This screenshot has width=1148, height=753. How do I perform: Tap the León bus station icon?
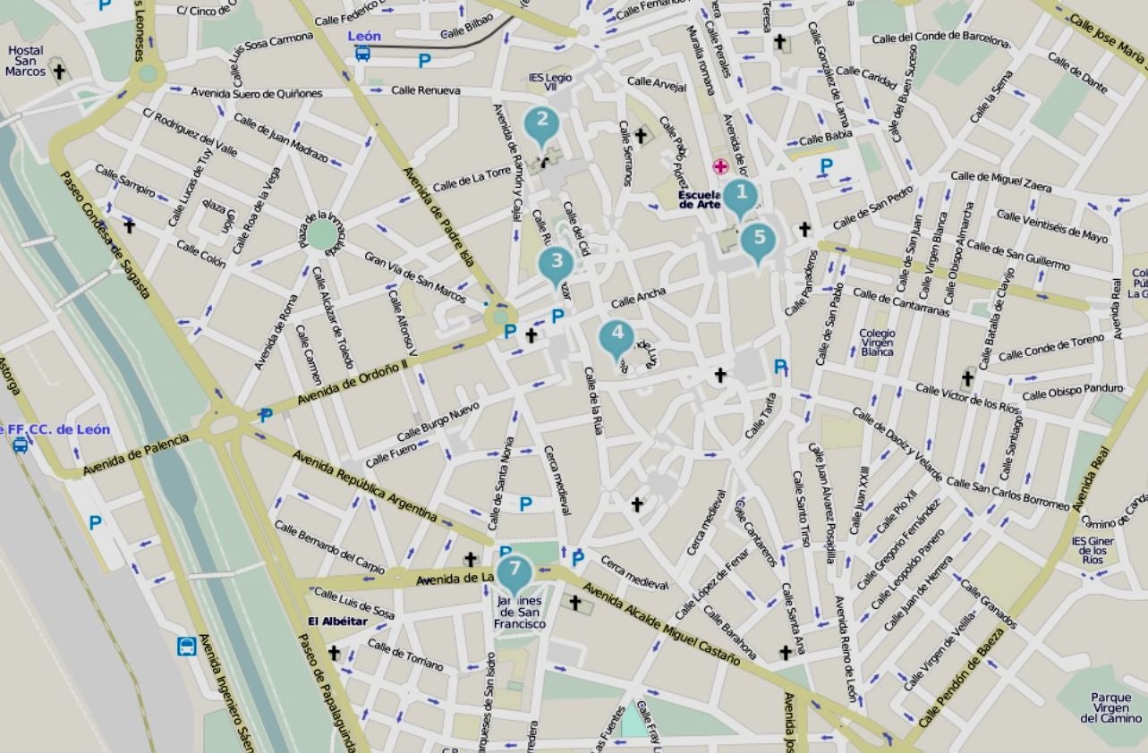362,53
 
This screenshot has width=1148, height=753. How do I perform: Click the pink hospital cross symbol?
719,165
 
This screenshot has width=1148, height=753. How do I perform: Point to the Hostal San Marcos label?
25,62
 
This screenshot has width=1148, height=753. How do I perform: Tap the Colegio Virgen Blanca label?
877,343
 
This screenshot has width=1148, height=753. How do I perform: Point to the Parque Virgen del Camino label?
1110,707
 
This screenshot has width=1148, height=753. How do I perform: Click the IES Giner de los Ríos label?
1093,551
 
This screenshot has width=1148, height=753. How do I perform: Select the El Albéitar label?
338,622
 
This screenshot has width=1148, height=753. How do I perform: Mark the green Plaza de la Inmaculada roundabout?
322,235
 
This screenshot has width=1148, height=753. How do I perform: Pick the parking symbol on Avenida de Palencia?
265,415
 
